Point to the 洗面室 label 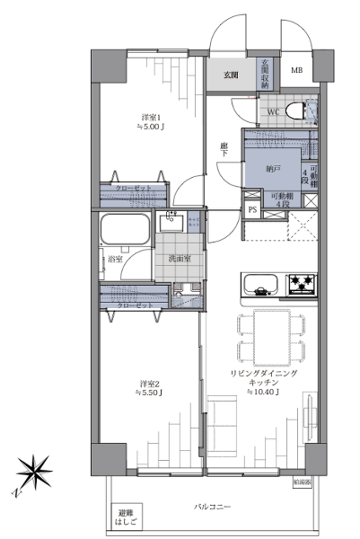[x=179, y=260]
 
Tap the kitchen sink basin [x=262, y=286]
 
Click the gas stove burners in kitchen [x=302, y=286]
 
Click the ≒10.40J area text [x=264, y=393]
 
